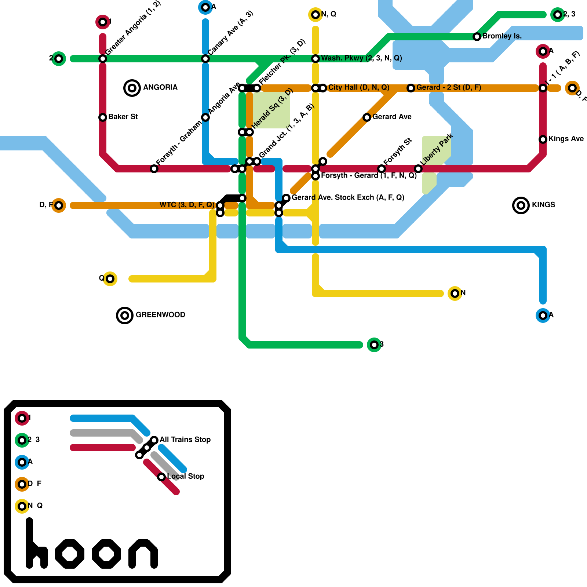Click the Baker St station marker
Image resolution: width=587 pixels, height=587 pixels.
(103, 117)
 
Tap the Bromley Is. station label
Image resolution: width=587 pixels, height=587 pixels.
(502, 36)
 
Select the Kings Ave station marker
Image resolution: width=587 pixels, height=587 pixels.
(543, 139)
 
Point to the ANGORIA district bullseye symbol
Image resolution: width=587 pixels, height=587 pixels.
(132, 88)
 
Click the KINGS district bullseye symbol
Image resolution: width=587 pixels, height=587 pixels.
(521, 205)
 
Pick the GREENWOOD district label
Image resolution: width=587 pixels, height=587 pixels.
(160, 315)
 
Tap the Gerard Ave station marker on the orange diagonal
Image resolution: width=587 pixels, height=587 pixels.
(367, 117)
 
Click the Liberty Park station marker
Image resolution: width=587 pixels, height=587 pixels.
(418, 169)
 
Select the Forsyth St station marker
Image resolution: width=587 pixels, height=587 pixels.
(382, 169)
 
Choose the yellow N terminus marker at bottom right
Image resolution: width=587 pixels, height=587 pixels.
(455, 293)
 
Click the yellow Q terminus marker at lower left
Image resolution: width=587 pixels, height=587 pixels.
(110, 279)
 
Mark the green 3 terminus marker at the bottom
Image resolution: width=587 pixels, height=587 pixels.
(374, 345)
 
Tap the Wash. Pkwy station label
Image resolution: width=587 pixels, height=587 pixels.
(361, 58)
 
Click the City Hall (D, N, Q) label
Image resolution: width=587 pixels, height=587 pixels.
(358, 87)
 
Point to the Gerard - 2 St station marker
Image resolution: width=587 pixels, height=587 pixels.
(411, 88)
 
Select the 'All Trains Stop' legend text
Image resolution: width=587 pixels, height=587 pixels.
(185, 440)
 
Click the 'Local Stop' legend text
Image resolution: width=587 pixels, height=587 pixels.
(186, 476)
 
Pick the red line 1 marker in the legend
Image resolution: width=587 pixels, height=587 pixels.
(22, 418)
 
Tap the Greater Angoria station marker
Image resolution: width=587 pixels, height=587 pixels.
(103, 59)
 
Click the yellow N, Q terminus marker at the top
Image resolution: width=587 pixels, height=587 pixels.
(316, 15)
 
